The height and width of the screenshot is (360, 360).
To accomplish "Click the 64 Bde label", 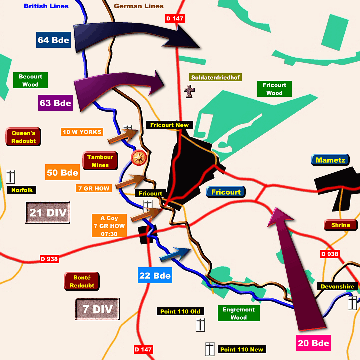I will coord(53,40).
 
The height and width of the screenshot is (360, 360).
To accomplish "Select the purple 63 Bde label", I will coord(56,103).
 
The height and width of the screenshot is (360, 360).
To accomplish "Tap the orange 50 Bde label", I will coord(62,172).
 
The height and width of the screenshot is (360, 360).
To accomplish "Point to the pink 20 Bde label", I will coord(313,343).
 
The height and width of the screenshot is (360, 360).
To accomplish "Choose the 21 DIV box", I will coord(48,213).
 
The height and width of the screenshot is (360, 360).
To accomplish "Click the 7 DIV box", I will coord(97,309).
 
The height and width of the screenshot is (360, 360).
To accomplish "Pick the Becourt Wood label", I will coord(30,80).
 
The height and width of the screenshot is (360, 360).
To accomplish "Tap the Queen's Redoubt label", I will coord(23,136).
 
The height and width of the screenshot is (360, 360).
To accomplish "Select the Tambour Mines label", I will coord(100,161).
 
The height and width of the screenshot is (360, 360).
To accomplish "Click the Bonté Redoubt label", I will coord(82,281).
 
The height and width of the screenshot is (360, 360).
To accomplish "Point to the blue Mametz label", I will coord(330,160).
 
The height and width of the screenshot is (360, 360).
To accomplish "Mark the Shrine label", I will coord(341,225).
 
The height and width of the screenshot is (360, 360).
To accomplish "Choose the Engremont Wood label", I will coord(239,313).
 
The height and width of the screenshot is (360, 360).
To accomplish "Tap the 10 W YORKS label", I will coord(82,132).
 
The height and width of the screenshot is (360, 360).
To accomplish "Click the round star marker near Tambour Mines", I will coord(139,158).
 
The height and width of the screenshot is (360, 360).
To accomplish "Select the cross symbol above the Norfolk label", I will coord(11,176).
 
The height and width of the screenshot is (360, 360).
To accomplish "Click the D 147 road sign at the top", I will coord(175,19).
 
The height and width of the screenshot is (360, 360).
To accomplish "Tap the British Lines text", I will coord(46,6).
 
